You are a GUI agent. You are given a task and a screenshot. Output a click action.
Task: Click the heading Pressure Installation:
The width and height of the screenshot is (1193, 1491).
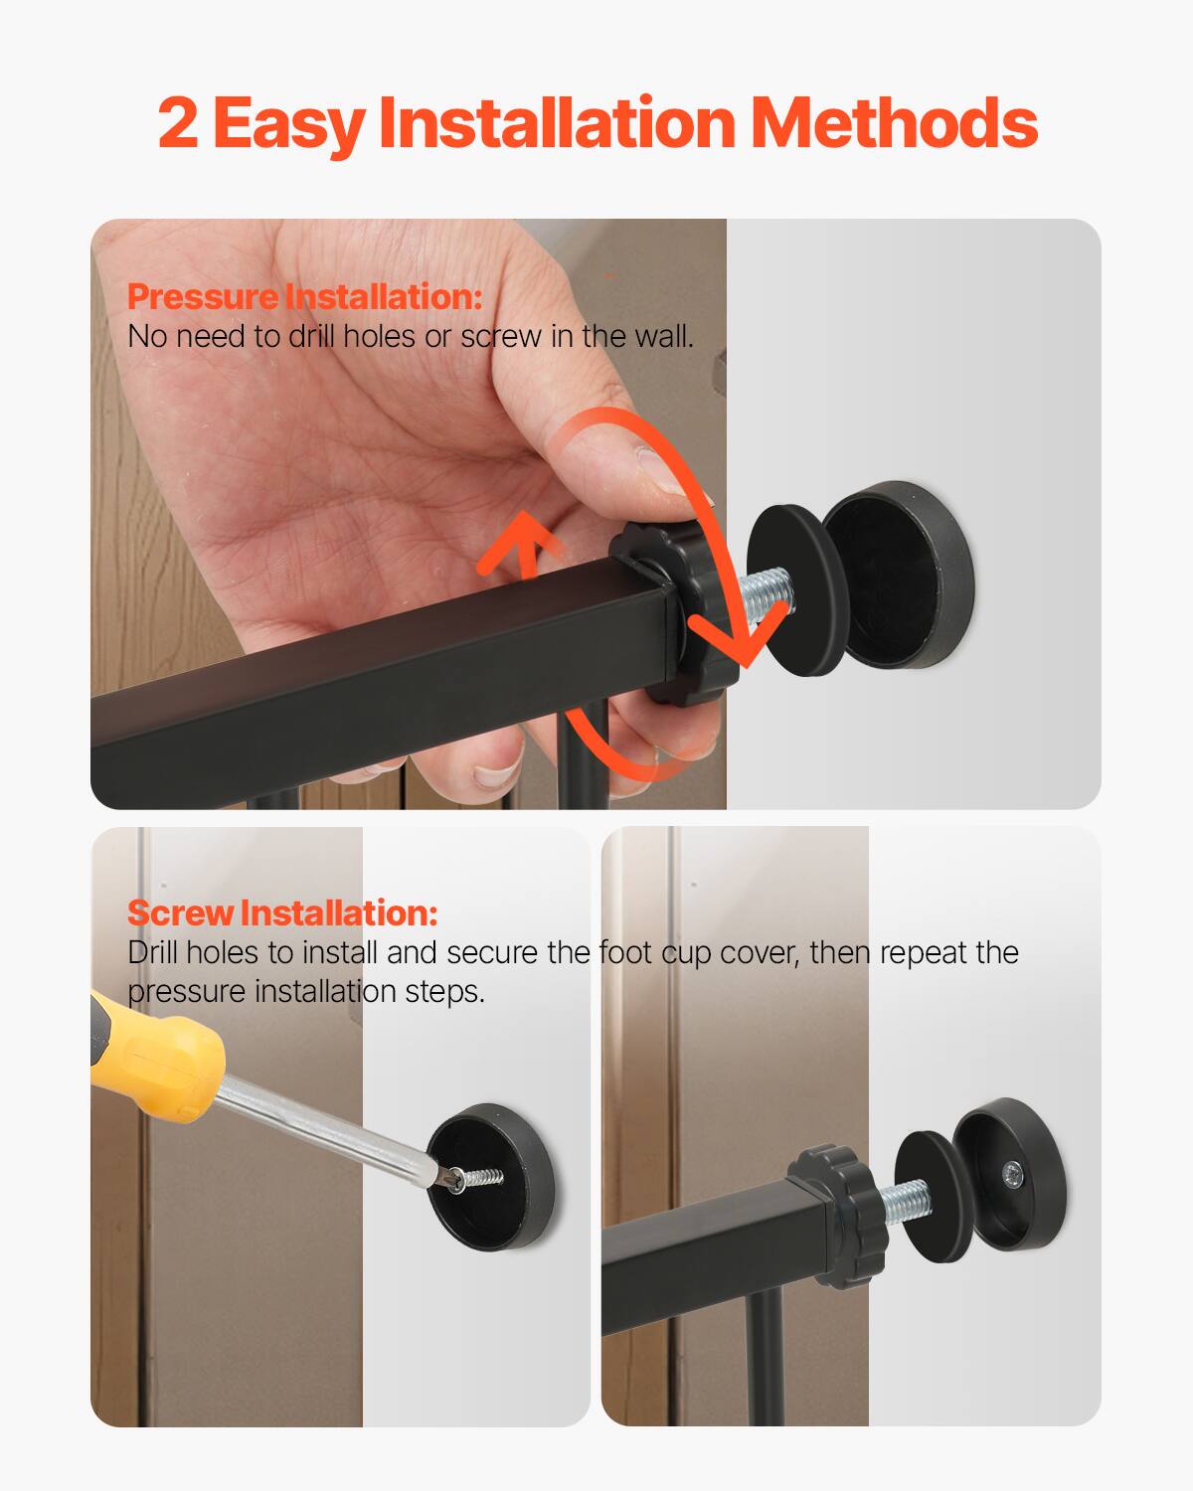point(304,296)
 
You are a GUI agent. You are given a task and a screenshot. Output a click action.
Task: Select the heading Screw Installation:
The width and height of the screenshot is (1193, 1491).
point(282,912)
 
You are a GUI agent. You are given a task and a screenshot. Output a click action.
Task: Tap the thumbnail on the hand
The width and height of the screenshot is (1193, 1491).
point(656,465)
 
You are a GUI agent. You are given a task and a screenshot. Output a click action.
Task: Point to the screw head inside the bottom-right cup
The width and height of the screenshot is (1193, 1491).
point(1011,1175)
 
